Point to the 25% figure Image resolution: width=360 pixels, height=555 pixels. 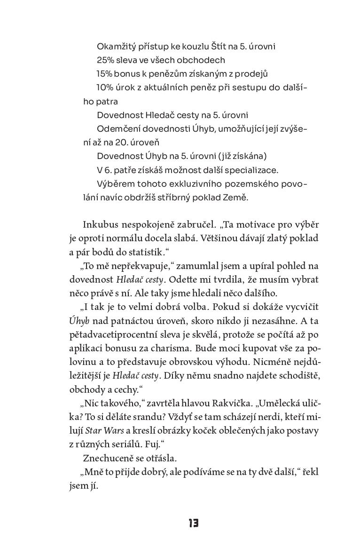click(106, 61)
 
